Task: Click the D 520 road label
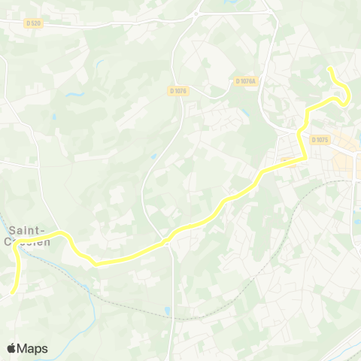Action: [34, 23]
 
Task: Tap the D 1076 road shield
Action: [178, 91]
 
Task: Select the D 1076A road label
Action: [245, 80]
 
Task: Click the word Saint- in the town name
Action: [28, 229]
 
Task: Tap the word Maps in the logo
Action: [33, 348]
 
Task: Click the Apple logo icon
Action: [12, 347]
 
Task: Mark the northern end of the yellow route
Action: [329, 68]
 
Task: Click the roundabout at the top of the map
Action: [196, 14]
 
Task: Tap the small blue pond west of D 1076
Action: [153, 156]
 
